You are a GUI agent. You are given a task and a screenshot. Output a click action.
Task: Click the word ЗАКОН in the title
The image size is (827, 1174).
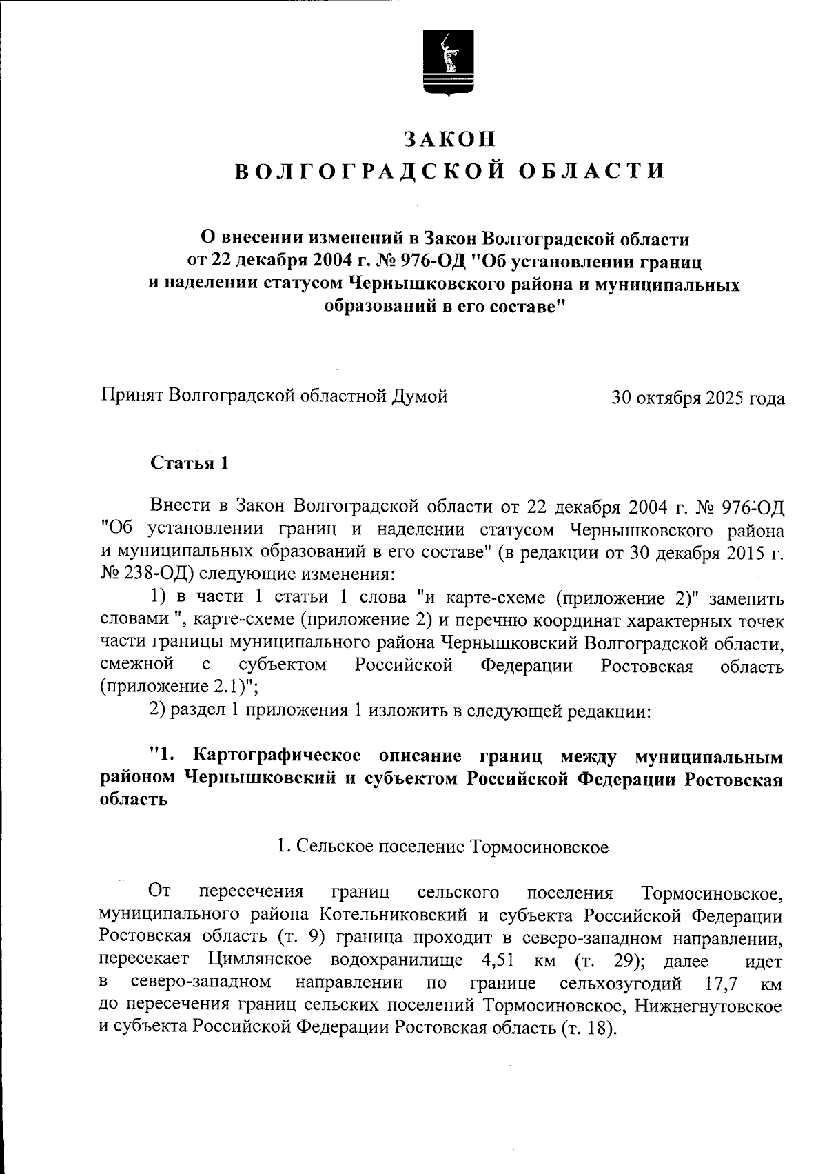coord(450,139)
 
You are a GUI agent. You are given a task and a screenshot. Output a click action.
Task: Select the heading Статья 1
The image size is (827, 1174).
coord(190,463)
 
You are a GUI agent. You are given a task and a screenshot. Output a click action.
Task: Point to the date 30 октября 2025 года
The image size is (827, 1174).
coord(697,398)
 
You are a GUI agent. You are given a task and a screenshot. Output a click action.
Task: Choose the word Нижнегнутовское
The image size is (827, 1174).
coord(708,1005)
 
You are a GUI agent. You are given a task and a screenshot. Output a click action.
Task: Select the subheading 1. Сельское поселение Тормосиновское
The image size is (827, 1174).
coord(442,847)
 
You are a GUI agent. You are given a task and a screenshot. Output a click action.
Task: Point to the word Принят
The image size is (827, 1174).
coord(131,396)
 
